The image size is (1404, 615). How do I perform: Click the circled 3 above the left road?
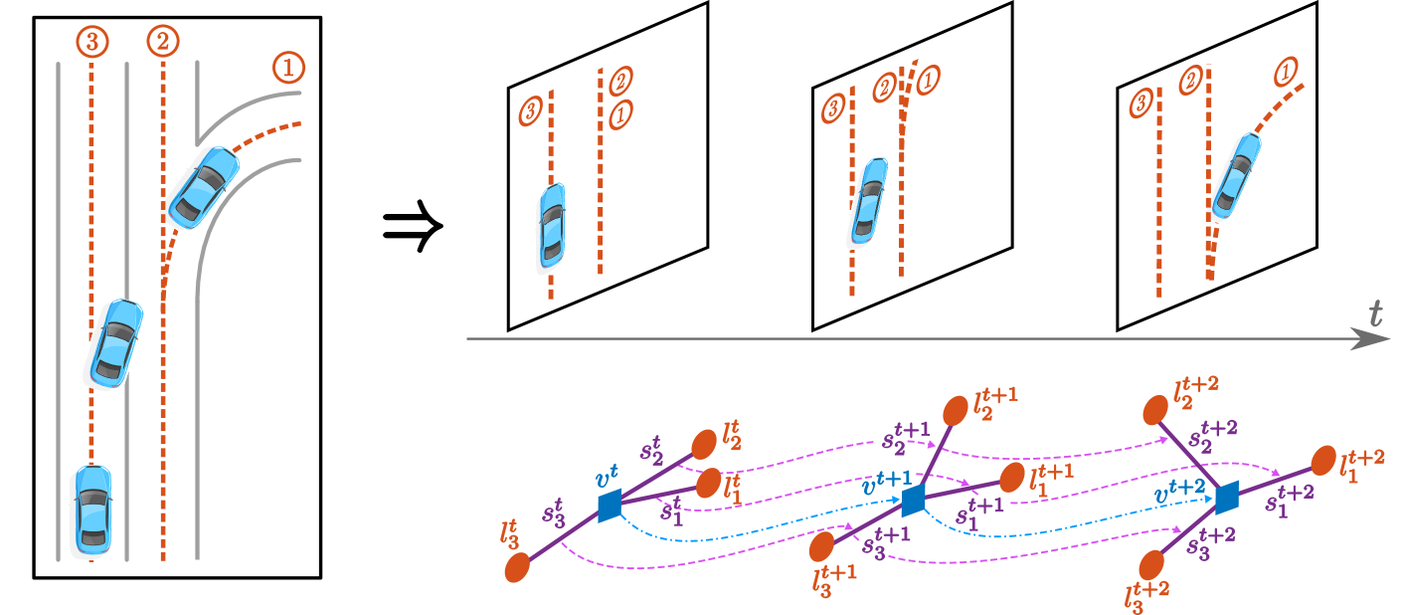point(91,42)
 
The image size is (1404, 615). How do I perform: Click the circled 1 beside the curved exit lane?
point(288,68)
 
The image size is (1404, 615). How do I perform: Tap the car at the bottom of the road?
point(91,511)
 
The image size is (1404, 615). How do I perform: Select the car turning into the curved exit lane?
point(200,188)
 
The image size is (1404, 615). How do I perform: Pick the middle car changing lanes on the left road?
point(113,344)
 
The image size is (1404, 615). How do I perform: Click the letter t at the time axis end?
point(1375,315)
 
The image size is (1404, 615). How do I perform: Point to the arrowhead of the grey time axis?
point(1376,339)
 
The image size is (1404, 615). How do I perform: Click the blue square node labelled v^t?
point(610,506)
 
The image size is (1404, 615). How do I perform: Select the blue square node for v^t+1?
point(913,500)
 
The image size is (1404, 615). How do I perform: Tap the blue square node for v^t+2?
point(1226,496)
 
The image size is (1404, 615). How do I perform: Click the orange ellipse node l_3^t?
point(517,567)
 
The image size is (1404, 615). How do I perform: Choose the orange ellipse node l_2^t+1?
point(956,410)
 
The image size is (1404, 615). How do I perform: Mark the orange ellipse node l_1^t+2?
point(1322,461)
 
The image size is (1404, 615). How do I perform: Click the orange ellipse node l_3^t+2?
point(1151,565)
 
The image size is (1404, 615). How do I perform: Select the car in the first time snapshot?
point(550,228)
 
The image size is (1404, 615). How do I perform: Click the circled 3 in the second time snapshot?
point(833,108)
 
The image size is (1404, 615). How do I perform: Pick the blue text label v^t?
point(606,479)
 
